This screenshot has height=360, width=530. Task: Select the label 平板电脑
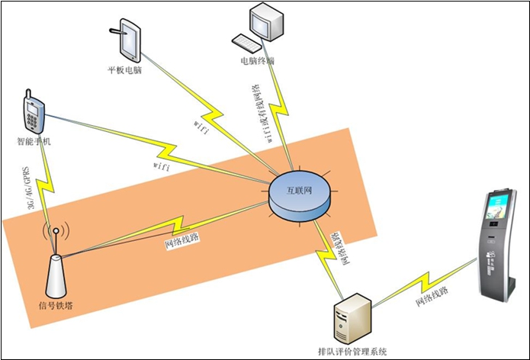(x=125, y=71)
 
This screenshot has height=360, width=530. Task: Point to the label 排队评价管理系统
(x=352, y=352)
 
